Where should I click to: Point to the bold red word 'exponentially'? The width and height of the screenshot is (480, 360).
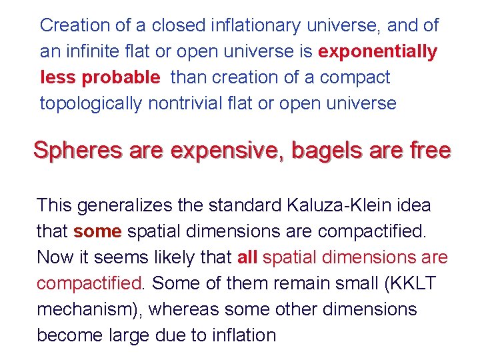(x=378, y=51)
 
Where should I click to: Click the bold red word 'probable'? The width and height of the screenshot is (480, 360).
(x=121, y=77)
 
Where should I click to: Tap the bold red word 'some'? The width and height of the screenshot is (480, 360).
(x=97, y=231)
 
